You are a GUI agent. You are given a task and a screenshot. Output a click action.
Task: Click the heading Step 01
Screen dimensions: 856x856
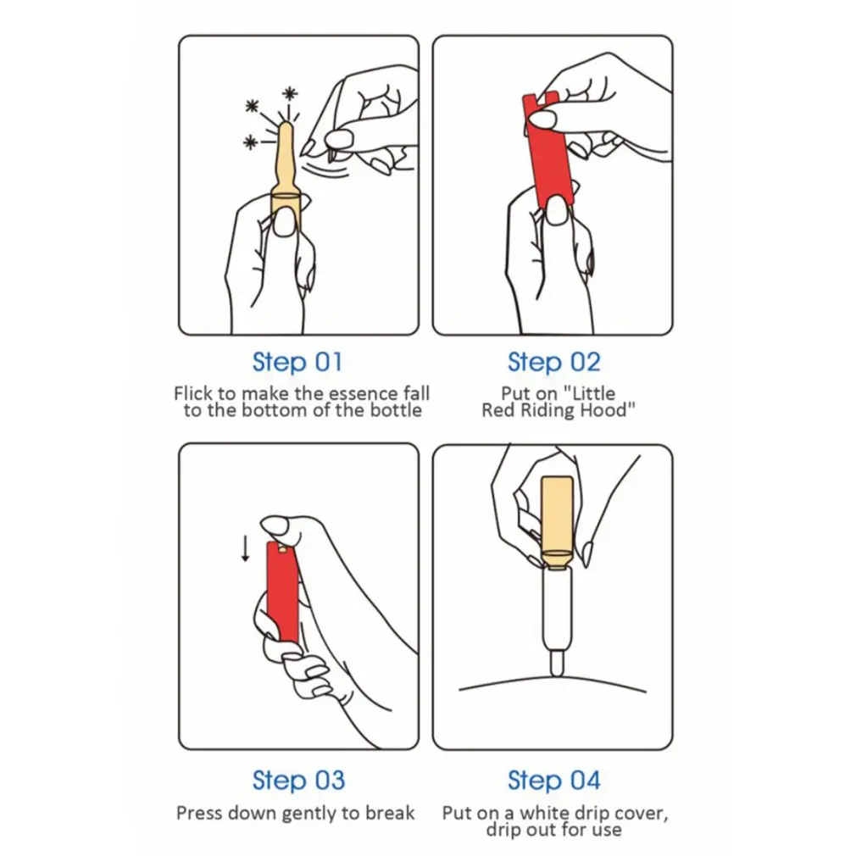(x=297, y=362)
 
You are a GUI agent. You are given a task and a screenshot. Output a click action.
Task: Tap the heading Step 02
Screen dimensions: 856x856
(x=553, y=362)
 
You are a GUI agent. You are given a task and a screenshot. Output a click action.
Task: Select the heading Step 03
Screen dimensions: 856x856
(x=298, y=780)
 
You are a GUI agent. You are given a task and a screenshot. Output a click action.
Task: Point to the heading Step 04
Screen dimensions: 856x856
(x=553, y=780)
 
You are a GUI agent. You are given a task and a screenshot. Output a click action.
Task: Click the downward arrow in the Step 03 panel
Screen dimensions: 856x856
(x=245, y=548)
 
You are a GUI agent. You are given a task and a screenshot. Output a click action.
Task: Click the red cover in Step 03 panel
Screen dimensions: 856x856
(x=283, y=592)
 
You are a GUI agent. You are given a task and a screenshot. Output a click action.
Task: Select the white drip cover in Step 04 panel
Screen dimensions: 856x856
(x=557, y=620)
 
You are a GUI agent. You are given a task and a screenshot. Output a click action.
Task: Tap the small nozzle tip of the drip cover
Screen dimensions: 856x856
(x=557, y=663)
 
